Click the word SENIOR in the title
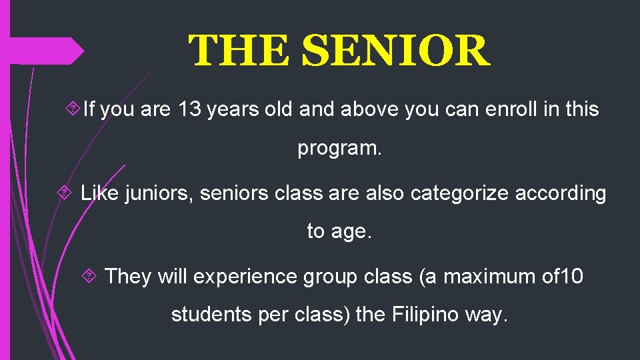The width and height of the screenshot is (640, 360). (396, 51)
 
